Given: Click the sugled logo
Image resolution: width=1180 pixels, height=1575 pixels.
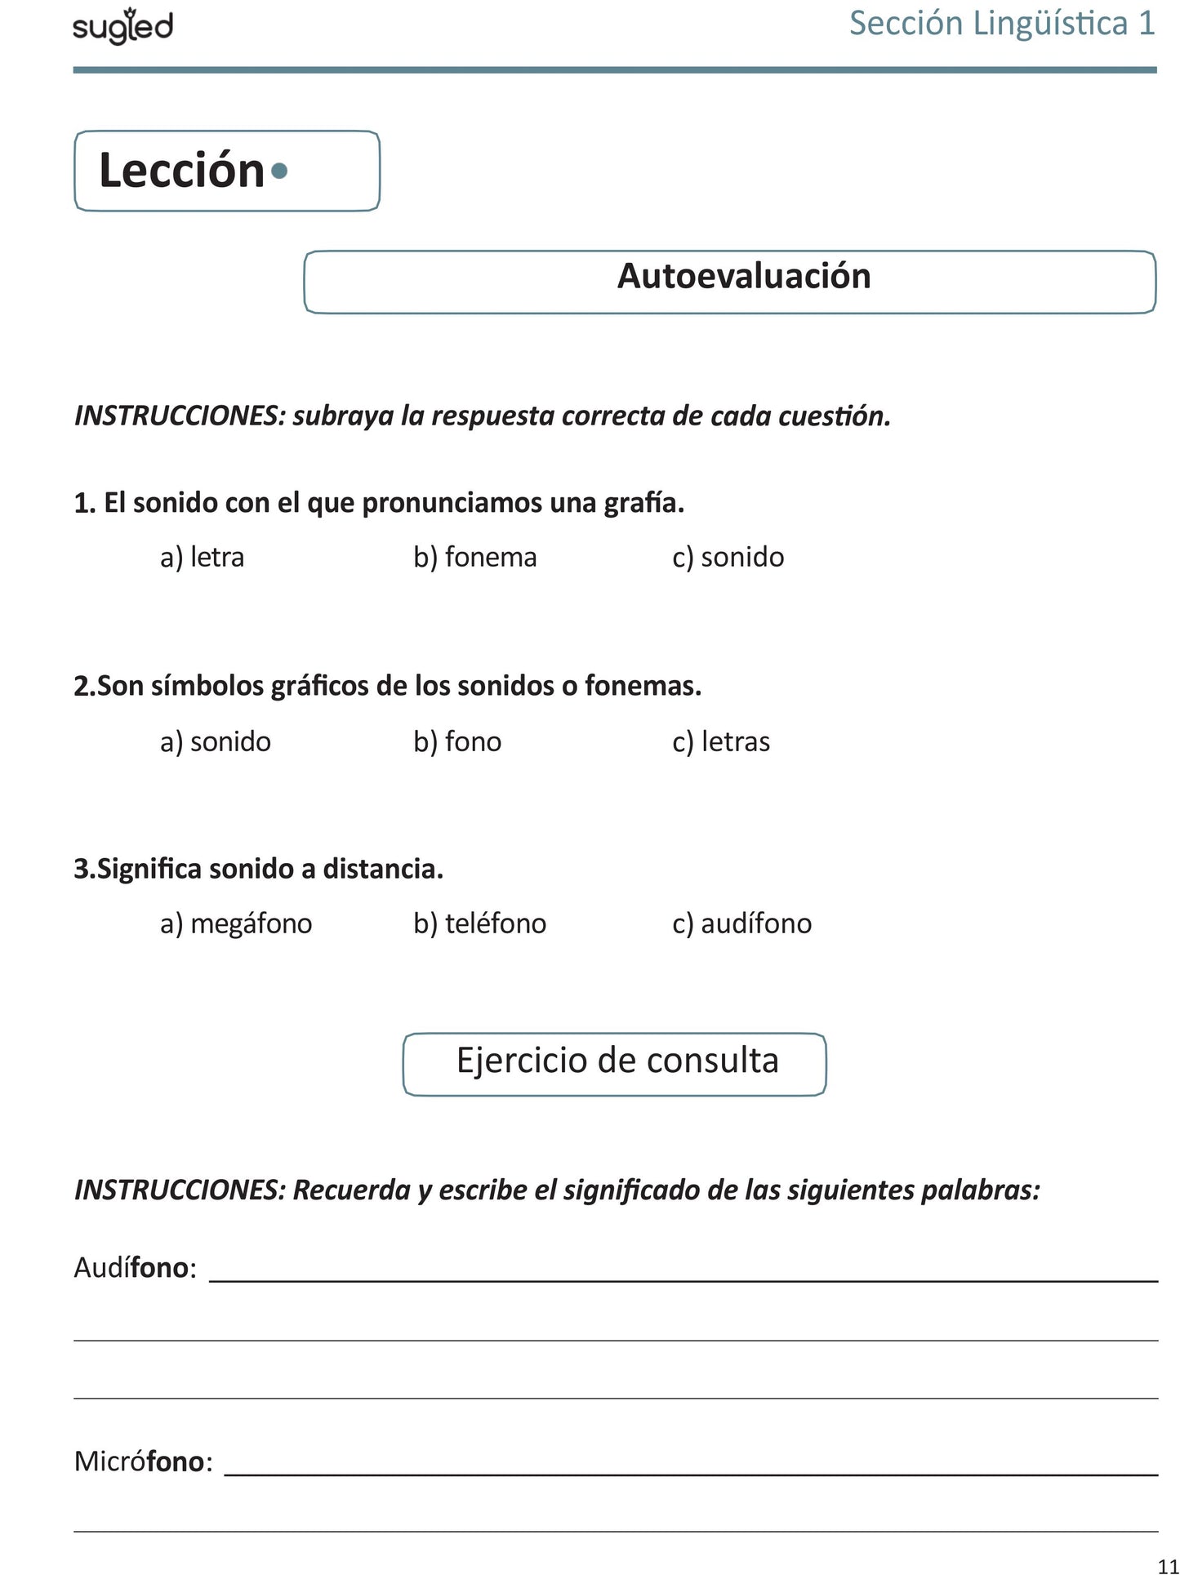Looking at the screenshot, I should [x=122, y=27].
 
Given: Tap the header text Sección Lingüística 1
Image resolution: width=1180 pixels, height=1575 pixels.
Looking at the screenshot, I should [x=1002, y=24].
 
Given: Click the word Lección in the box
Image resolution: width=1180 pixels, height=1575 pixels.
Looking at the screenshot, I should [x=181, y=171].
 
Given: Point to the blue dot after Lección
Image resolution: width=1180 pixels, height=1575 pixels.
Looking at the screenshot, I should [x=279, y=171].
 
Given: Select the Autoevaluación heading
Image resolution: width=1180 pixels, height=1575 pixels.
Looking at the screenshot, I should [x=744, y=276].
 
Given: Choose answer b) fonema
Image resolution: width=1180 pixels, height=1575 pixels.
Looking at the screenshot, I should [x=474, y=558].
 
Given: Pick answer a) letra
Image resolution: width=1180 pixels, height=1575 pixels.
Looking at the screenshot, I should [x=202, y=558].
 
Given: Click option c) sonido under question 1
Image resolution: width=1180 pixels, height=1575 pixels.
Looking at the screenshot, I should [x=728, y=558].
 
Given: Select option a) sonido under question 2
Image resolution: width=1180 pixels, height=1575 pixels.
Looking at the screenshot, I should [x=215, y=742].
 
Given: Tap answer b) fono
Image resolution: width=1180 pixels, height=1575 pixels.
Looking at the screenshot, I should [x=457, y=742].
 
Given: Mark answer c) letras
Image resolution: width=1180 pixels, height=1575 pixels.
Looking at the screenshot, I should [x=721, y=742].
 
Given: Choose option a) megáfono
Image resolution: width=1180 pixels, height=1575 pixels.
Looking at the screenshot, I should [x=236, y=924].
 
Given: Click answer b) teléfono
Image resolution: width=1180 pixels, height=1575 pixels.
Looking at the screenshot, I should [x=479, y=924].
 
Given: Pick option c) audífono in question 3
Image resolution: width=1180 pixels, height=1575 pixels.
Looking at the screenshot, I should [x=741, y=924].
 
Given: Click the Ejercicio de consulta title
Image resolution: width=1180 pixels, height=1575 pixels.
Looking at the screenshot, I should [x=617, y=1061].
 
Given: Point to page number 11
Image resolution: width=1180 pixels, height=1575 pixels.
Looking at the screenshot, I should [x=1168, y=1565].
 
